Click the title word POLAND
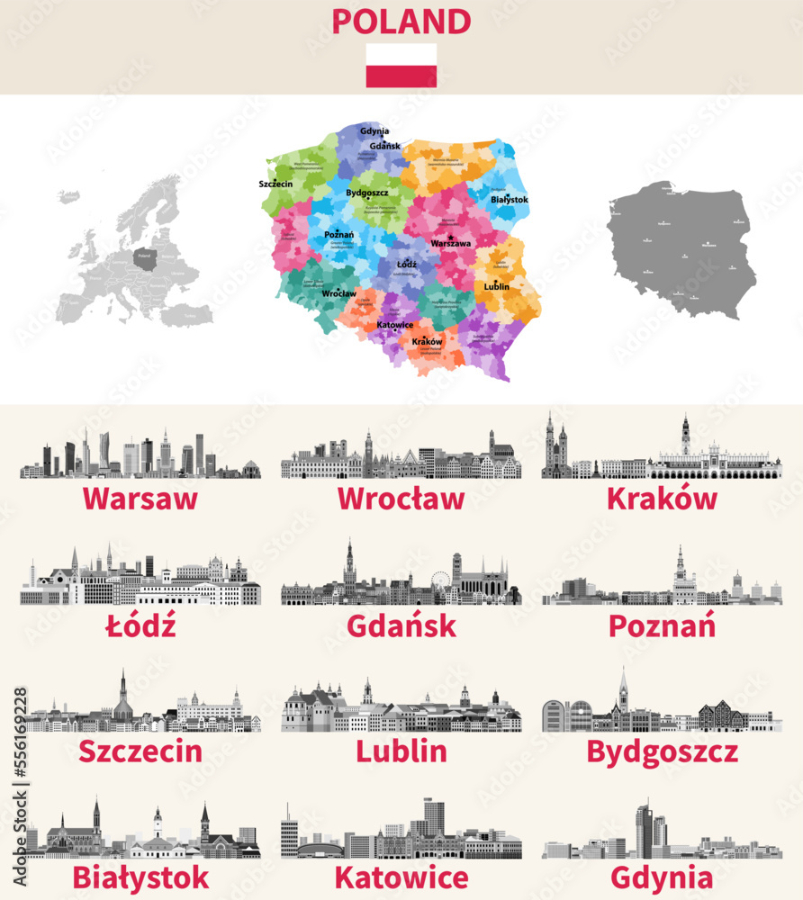[401, 21]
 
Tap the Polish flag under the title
[401, 66]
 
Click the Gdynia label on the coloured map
[374, 131]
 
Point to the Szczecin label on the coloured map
[275, 184]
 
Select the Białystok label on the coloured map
[510, 200]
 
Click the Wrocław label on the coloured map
[338, 294]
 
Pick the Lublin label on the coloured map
[496, 287]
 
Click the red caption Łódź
[140, 625]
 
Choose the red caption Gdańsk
[401, 625]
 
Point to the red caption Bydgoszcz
[662, 751]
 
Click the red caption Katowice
[401, 877]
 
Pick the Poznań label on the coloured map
[338, 235]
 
